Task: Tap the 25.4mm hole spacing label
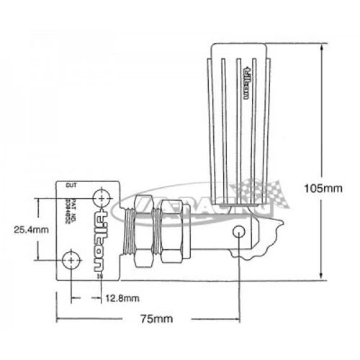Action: pos(31,230)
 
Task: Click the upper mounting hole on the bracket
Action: pos(102,197)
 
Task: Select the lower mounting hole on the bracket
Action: pos(71,258)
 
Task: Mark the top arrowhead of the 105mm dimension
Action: pos(320,45)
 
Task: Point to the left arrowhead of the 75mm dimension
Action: pos(59,318)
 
